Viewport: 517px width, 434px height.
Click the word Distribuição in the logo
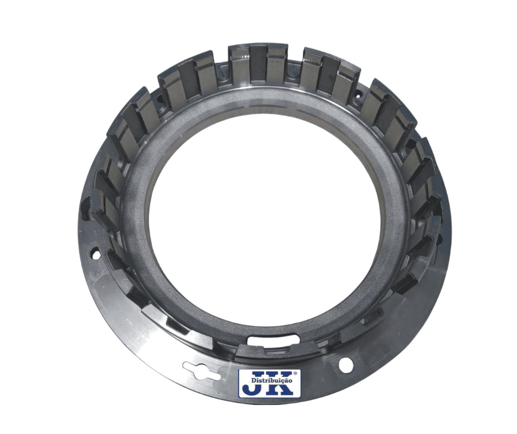pyautogui.click(x=272, y=380)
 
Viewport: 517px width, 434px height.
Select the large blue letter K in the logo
pyautogui.click(x=283, y=383)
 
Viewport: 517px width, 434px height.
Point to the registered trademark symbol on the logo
pyautogui.click(x=295, y=372)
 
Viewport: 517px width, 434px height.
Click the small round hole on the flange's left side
pyautogui.click(x=96, y=252)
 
